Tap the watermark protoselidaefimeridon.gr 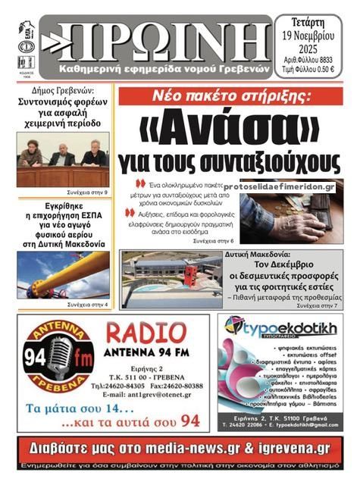(280, 186)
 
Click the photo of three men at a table (63, 160)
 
